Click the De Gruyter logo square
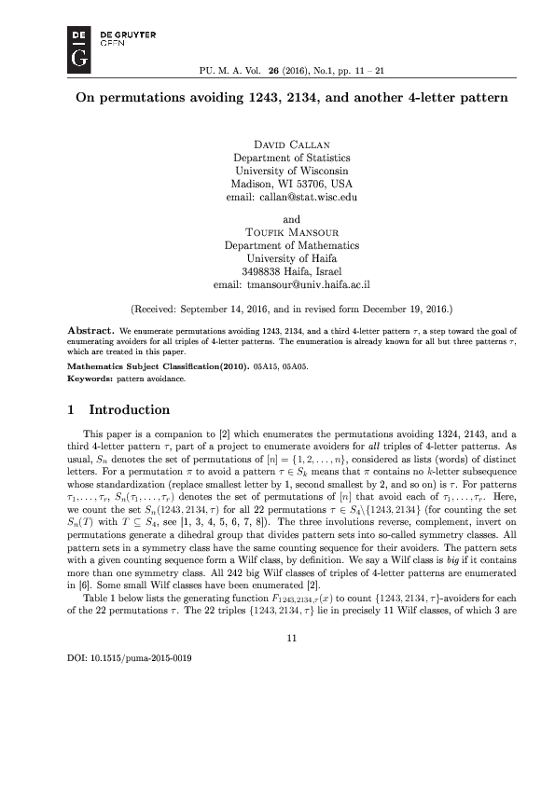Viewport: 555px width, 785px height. click(x=80, y=48)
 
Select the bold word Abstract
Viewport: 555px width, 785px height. click(x=91, y=330)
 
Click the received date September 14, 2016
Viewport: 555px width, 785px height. click(x=247, y=307)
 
